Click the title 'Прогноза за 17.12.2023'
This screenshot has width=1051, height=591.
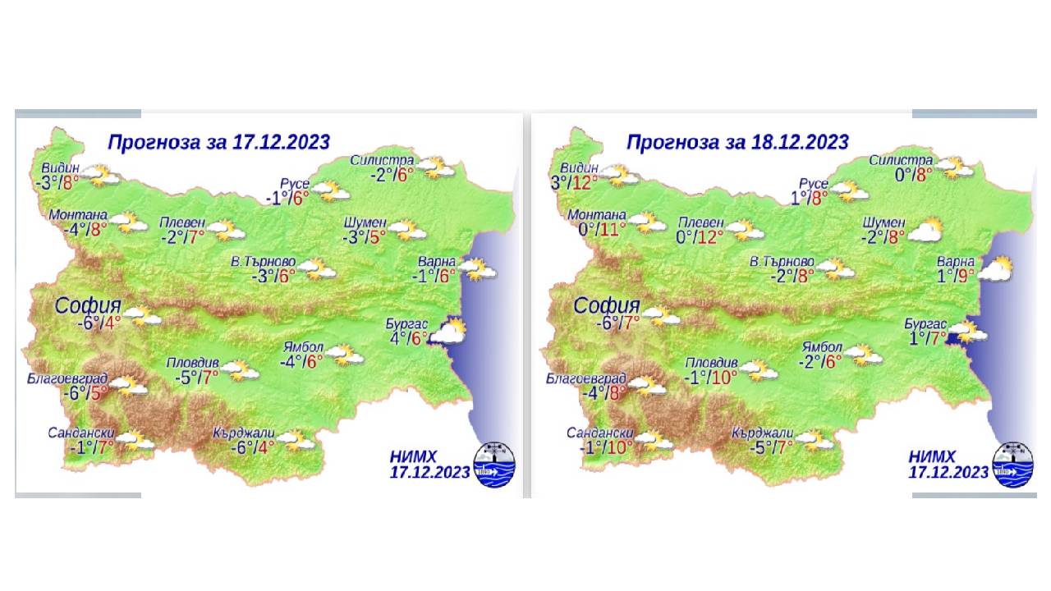[218, 142]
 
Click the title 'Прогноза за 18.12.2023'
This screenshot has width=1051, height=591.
[737, 142]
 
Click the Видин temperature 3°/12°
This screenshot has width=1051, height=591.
[575, 182]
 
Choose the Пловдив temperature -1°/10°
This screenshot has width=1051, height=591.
[711, 377]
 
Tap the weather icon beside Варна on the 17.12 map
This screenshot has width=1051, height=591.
[480, 268]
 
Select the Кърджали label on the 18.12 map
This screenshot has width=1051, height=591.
[763, 433]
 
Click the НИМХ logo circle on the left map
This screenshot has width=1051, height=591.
[494, 465]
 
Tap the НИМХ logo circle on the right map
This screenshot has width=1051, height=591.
[1012, 465]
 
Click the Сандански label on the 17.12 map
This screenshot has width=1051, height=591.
[80, 433]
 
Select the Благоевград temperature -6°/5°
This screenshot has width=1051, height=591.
[85, 393]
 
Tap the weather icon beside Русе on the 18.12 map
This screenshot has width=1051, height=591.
[850, 191]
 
